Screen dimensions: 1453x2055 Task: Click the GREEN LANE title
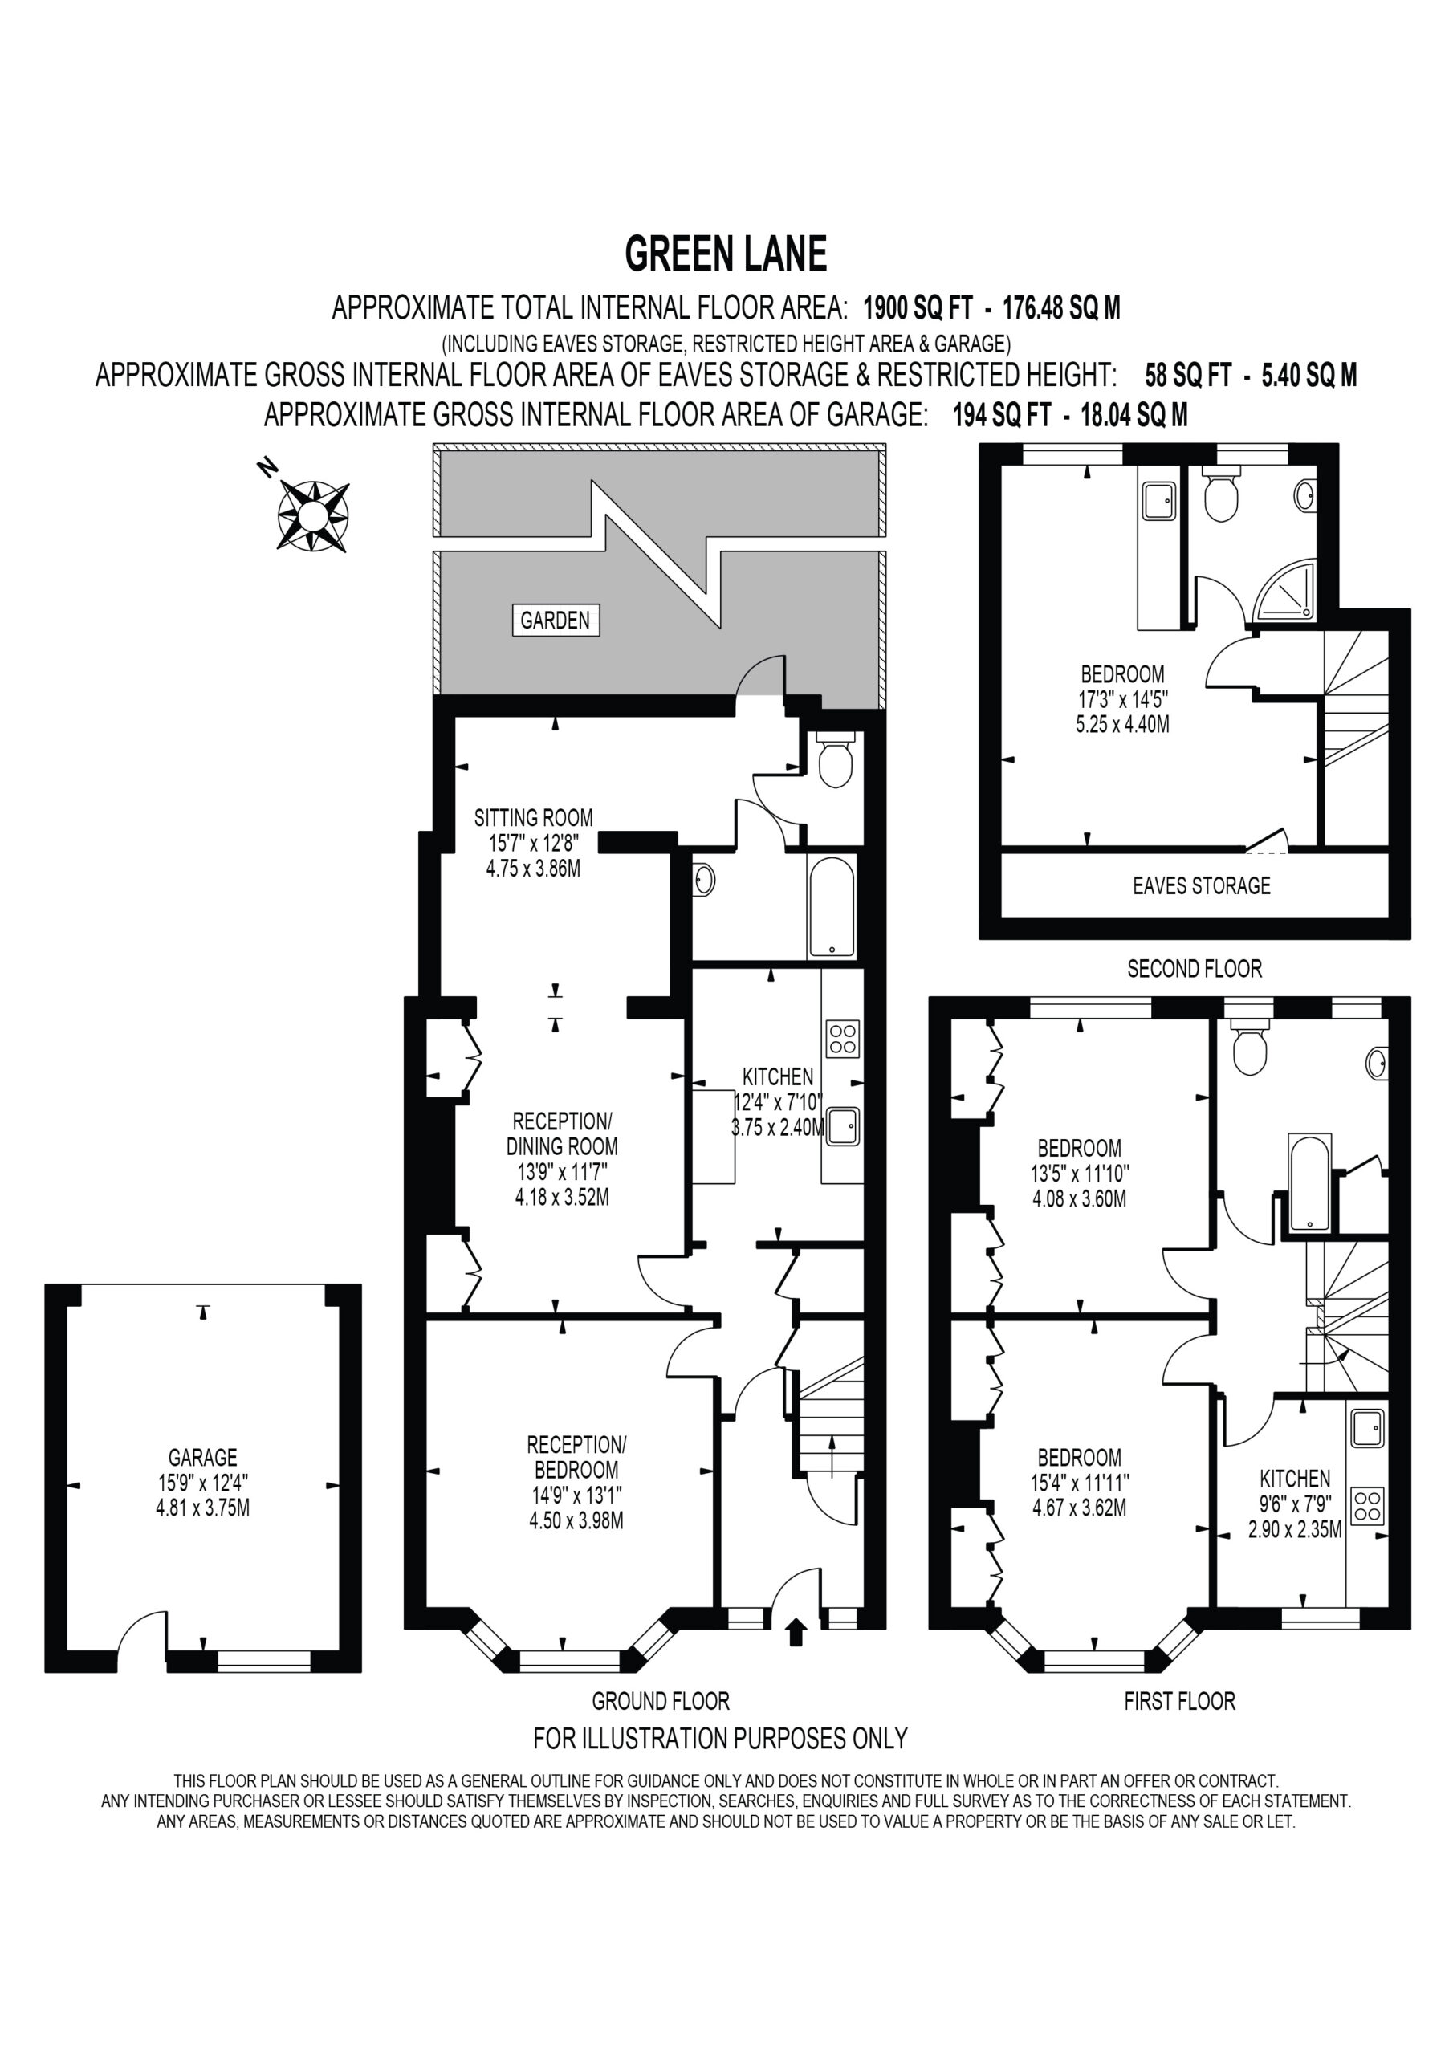pyautogui.click(x=725, y=254)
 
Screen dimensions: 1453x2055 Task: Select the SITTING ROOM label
pyautogui.click(x=534, y=817)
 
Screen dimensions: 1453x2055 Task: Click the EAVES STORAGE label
pyautogui.click(x=1202, y=885)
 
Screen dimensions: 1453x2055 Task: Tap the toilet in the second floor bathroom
pyautogui.click(x=1220, y=493)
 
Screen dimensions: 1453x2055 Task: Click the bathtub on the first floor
pyautogui.click(x=1310, y=1182)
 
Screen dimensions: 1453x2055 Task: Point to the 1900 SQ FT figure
pyautogui.click(x=918, y=308)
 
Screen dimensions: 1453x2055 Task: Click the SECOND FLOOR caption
pyautogui.click(x=1195, y=968)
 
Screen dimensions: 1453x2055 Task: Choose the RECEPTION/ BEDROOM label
pyautogui.click(x=576, y=1457)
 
